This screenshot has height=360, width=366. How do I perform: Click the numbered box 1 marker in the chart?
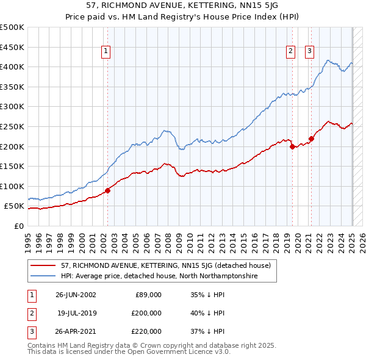pyautogui.click(x=106, y=52)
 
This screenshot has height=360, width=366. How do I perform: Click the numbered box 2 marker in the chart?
pyautogui.click(x=291, y=52)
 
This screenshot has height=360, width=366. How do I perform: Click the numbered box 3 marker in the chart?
pyautogui.click(x=310, y=52)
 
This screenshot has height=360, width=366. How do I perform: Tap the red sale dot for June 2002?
pyautogui.click(x=108, y=190)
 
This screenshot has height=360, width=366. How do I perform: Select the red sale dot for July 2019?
pyautogui.click(x=292, y=146)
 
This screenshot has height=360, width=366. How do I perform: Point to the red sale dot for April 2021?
pyautogui.click(x=311, y=139)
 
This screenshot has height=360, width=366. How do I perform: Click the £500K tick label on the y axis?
pyautogui.click(x=12, y=27)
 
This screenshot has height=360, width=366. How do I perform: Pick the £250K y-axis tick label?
pyautogui.click(x=12, y=126)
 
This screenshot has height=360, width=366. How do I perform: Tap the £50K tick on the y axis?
pyautogui.click(x=15, y=206)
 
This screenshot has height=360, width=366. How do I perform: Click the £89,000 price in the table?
pyautogui.click(x=148, y=295)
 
